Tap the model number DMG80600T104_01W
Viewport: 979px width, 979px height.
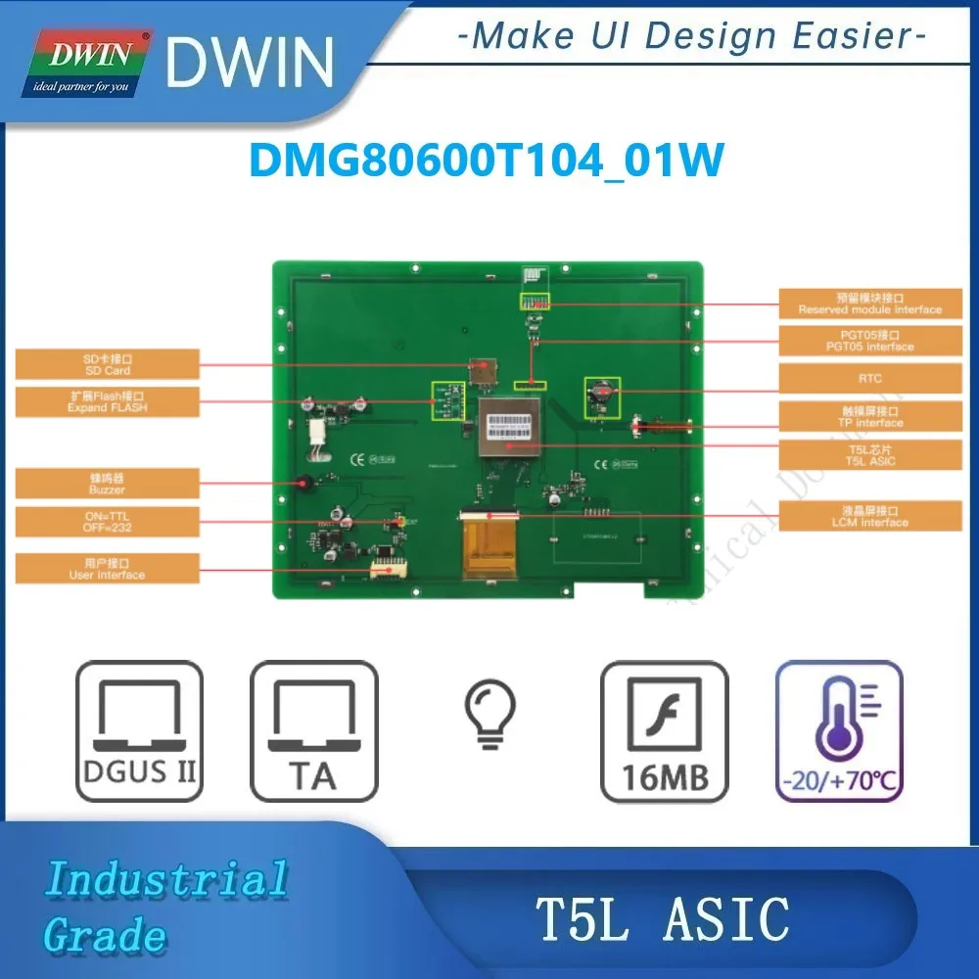487,160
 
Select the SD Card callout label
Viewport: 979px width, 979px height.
107,365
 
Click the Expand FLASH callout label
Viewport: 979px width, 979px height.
107,401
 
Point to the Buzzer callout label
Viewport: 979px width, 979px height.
107,483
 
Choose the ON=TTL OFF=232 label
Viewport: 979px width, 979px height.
107,521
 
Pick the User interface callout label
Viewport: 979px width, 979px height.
107,569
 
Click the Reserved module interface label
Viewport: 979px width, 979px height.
870,303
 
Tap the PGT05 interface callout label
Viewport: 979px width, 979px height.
870,341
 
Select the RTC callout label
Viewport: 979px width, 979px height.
870,378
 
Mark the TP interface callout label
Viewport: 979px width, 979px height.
870,417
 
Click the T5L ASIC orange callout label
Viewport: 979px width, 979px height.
870,454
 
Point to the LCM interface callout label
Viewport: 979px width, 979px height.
870,516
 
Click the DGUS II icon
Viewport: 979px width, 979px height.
138,731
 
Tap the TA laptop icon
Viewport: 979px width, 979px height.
313,731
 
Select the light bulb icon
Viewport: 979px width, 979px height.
487,715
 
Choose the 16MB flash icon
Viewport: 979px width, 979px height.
665,731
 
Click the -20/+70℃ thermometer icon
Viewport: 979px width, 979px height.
839,731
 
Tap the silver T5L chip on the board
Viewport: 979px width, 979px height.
508,428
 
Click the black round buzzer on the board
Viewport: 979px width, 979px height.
303,482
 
